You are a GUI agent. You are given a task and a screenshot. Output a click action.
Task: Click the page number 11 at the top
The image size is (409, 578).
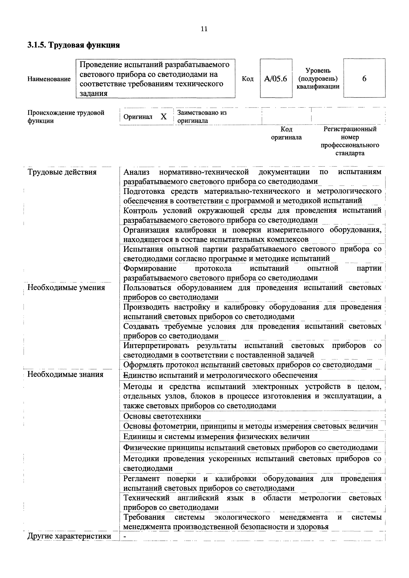coord(204,29)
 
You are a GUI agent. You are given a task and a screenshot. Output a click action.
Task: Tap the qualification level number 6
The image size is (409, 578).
coord(364,79)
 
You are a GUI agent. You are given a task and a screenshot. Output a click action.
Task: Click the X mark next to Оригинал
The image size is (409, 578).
coord(164,117)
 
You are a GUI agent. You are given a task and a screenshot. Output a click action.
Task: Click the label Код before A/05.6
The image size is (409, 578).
coord(248,79)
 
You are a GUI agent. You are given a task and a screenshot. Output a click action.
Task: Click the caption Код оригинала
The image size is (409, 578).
coord(286,133)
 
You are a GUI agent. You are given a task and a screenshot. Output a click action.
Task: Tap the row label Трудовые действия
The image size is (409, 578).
coord(62,172)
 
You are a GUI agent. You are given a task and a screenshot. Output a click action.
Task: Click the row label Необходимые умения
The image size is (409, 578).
coord(66,287)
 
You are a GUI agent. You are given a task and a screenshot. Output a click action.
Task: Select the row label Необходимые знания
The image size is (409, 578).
coord(65,374)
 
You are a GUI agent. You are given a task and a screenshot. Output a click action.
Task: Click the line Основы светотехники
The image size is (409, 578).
coord(162,416)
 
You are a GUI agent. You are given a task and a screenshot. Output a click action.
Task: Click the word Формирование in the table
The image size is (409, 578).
coord(150,268)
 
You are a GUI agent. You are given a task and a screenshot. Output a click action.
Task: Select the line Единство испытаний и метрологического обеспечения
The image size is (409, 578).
coord(220,375)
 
